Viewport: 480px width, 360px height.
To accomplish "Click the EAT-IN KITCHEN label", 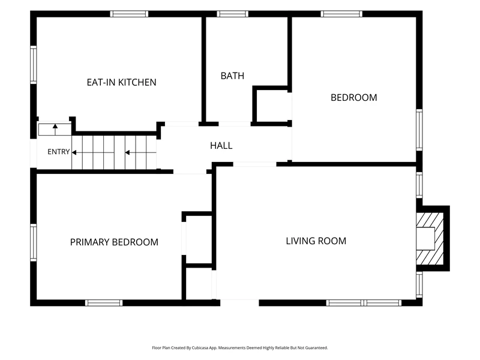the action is click(x=122, y=82).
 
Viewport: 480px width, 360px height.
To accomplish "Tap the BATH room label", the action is click(x=232, y=76).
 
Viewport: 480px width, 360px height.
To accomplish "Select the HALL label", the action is click(x=221, y=145).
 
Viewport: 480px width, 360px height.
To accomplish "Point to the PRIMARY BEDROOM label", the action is click(x=114, y=242).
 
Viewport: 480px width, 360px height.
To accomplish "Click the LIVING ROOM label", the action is click(x=316, y=241).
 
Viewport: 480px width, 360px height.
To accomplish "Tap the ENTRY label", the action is click(x=58, y=152).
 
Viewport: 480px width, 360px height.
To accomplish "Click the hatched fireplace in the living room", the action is click(x=430, y=239).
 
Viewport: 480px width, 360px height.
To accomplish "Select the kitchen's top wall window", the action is click(x=129, y=14).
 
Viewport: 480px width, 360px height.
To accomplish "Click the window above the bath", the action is click(x=233, y=14).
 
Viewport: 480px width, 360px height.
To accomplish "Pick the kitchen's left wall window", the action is click(x=34, y=65).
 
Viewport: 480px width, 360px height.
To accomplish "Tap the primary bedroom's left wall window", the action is click(x=34, y=242).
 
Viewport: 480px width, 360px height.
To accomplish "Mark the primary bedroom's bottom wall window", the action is click(x=104, y=303).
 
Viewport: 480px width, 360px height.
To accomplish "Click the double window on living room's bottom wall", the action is click(x=364, y=303).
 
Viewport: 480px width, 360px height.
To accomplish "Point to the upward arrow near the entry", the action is click(x=55, y=130).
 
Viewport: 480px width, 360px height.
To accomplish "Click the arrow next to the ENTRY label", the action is click(x=74, y=152).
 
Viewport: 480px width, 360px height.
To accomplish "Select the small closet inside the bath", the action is click(x=272, y=106).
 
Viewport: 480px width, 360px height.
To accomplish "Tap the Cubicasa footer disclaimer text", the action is click(x=240, y=348).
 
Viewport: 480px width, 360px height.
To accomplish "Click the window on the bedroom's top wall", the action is click(x=341, y=14).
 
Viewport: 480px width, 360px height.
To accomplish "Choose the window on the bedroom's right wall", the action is click(x=419, y=130).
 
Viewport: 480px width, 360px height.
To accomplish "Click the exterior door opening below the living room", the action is click(x=239, y=303).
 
